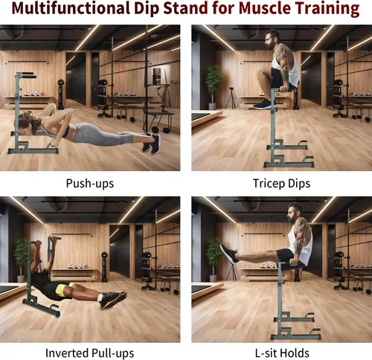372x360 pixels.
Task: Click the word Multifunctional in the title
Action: tap(71, 8)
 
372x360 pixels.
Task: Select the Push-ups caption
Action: tap(90, 184)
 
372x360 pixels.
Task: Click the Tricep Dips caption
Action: tap(281, 184)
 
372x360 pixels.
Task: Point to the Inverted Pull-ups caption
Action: tap(90, 353)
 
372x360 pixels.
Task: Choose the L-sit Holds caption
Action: tap(282, 353)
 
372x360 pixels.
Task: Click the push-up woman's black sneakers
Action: tap(151, 144)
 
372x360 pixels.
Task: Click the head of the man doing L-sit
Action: tap(295, 213)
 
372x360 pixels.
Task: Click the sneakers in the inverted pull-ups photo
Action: tap(113, 300)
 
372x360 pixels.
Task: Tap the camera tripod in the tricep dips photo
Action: tap(231, 98)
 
